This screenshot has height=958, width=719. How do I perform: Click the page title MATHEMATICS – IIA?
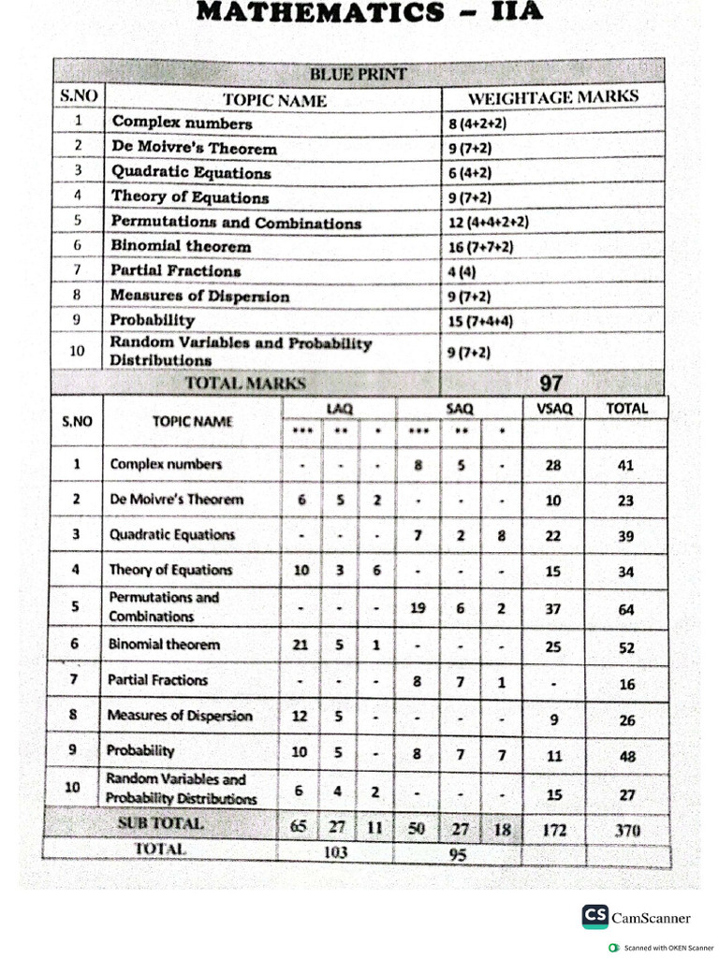point(359,14)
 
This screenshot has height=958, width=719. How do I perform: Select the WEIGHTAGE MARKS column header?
point(552,96)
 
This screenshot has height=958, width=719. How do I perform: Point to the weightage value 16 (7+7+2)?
point(481,247)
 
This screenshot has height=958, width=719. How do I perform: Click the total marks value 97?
point(552,382)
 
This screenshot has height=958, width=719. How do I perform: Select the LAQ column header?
point(338,409)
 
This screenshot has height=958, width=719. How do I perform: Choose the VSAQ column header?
point(552,409)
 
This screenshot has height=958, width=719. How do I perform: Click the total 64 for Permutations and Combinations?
point(626,609)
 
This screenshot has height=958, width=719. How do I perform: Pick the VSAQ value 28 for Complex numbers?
point(552,464)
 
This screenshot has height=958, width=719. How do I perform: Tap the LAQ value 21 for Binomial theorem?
point(301,645)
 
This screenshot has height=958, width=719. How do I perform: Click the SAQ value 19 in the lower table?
point(418,608)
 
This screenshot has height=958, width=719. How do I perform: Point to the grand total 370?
point(626,830)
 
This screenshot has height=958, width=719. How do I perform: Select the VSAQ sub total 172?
point(552,830)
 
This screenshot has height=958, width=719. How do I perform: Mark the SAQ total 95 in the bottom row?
point(458,852)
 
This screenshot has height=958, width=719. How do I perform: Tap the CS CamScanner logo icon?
point(594,916)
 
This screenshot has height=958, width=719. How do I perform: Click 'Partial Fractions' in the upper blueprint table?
point(176,271)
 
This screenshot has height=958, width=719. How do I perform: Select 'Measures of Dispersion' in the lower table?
point(180,716)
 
